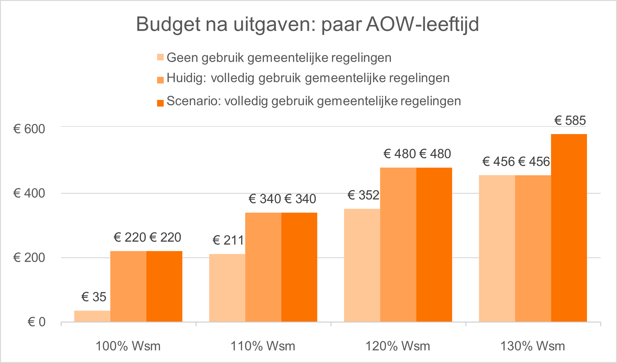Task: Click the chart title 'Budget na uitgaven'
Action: [x=307, y=24]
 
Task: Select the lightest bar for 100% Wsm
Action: [x=92, y=316]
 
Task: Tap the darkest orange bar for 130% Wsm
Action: [x=569, y=228]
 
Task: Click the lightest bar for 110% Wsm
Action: [x=227, y=288]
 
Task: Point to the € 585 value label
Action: [x=570, y=120]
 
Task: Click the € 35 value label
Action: [x=94, y=297]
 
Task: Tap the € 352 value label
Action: [x=363, y=195]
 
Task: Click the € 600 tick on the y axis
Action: [x=29, y=129]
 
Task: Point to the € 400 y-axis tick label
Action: [x=29, y=193]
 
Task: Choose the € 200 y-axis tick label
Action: [x=29, y=258]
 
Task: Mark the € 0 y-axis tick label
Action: [x=37, y=322]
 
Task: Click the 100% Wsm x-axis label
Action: [x=128, y=346]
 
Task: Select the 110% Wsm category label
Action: [x=263, y=346]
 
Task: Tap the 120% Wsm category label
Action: [x=398, y=346]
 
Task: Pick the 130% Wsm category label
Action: [x=533, y=346]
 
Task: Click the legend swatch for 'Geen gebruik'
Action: [x=160, y=58]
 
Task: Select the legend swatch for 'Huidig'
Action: [x=160, y=80]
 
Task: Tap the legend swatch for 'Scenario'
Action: [x=160, y=103]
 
